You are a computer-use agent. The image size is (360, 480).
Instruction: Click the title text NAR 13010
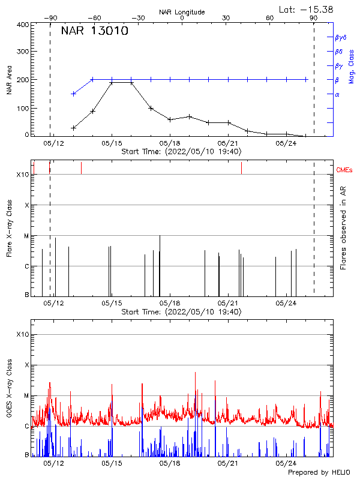pos(94,32)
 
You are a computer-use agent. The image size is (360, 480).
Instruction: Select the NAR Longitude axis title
pos(182,11)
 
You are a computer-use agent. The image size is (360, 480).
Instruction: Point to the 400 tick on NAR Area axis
pos(23,25)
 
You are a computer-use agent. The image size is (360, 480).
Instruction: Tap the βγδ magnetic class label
pos(340,37)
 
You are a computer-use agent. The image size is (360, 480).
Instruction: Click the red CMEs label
pos(345,170)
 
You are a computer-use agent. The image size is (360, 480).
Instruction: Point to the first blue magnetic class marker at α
pos(74,94)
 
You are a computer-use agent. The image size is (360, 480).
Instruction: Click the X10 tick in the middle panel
pos(22,175)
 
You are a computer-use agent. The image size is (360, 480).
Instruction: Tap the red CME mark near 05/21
pos(241,168)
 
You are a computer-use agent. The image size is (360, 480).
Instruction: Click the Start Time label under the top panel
pos(181,152)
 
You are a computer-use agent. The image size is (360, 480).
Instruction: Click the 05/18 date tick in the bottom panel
pos(170,463)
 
